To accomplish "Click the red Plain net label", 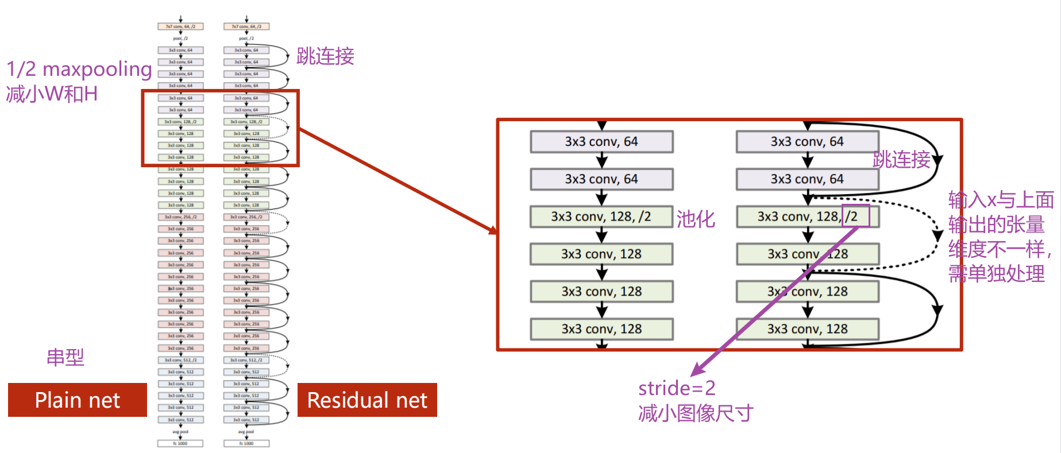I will pyautogui.click(x=77, y=400).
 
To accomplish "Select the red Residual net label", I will pyautogui.click(x=367, y=400).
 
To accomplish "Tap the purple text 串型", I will pyautogui.click(x=65, y=358).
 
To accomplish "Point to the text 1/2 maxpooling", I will pyautogui.click(x=79, y=69).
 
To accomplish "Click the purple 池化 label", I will pyautogui.click(x=696, y=219).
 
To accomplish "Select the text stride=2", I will pyautogui.click(x=677, y=388).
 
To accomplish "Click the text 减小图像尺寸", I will pyautogui.click(x=695, y=413).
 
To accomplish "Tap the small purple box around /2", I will pyautogui.click(x=855, y=216).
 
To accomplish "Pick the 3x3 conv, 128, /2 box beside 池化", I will pyautogui.click(x=601, y=216).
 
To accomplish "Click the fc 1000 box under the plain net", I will pyautogui.click(x=180, y=443).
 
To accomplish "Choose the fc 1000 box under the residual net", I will pyautogui.click(x=246, y=443).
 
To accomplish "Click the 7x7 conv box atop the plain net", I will pyautogui.click(x=180, y=26).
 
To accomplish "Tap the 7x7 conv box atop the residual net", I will pyautogui.click(x=246, y=26).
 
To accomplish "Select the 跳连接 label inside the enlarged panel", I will pyautogui.click(x=901, y=160).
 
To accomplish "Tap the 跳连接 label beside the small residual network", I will pyautogui.click(x=325, y=56).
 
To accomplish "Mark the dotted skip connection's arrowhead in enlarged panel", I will pyautogui.click(x=937, y=235).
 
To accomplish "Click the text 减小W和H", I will pyautogui.click(x=52, y=94).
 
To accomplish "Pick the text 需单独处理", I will pyautogui.click(x=996, y=274).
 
